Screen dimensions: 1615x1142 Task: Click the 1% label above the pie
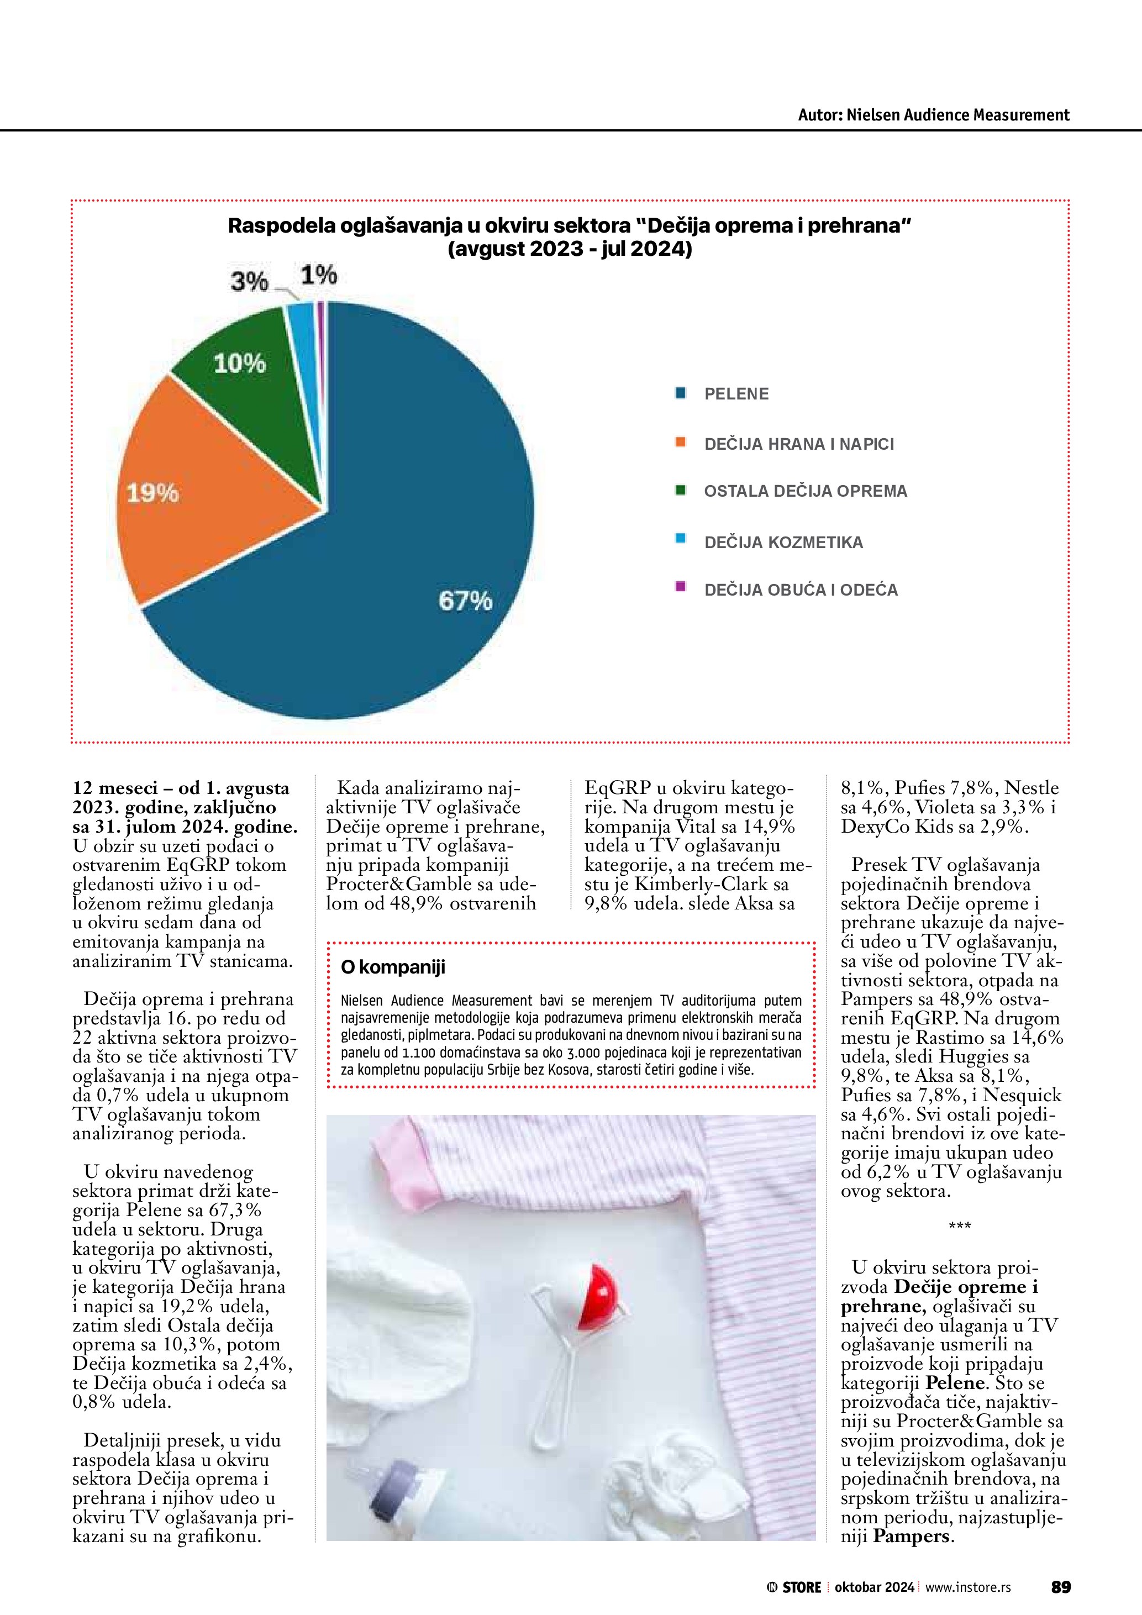319,275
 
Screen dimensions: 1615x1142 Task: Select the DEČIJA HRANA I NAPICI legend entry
799,444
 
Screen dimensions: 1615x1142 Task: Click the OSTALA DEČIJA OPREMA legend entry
805,491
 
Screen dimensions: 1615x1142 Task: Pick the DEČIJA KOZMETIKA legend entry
783,543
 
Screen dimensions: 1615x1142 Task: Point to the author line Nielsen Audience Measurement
933,115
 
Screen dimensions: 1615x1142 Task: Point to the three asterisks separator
959,1227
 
